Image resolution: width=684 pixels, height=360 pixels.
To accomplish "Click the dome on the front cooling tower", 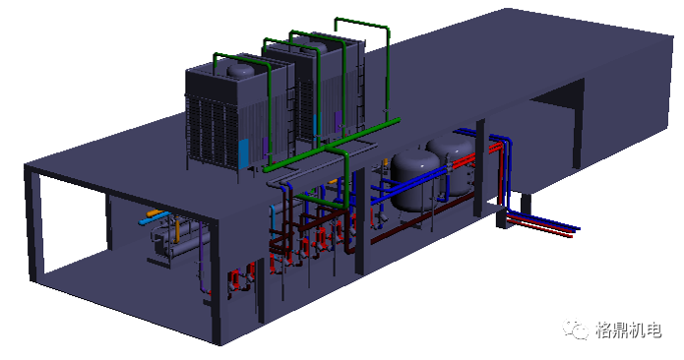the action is click(241, 70).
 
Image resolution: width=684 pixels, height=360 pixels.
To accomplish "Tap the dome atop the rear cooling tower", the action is click(315, 46).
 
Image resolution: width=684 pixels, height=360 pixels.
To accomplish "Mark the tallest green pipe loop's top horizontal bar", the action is click(361, 23).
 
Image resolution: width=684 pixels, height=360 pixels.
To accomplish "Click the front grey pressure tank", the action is click(413, 180).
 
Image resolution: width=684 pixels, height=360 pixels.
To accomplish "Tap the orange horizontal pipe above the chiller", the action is click(155, 213).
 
